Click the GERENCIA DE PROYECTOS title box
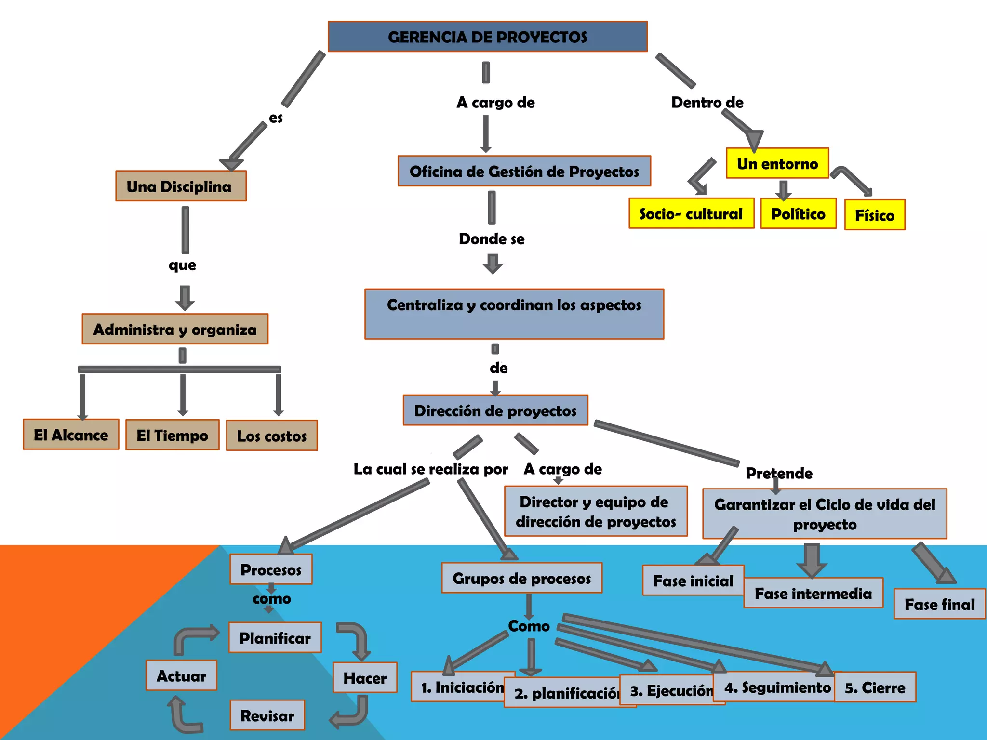pyautogui.click(x=487, y=37)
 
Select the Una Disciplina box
pyautogui.click(x=181, y=186)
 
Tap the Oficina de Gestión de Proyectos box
pyautogui.click(x=524, y=171)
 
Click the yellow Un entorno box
pyautogui.click(x=777, y=163)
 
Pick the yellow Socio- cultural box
pyautogui.click(x=691, y=213)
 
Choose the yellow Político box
pyautogui.click(x=798, y=213)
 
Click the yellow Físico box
pyautogui.click(x=874, y=215)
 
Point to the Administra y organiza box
pyautogui.click(x=175, y=329)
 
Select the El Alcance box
pyautogui.click(x=71, y=435)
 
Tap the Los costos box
pyautogui.click(x=272, y=436)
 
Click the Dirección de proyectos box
pyautogui.click(x=495, y=410)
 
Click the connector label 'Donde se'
pyautogui.click(x=492, y=239)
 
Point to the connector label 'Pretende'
pyautogui.click(x=779, y=473)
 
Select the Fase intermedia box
pyautogui.click(x=813, y=593)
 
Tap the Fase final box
pyautogui.click(x=939, y=604)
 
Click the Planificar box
pyautogui.click(x=275, y=638)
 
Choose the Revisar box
pyautogui.click(x=267, y=715)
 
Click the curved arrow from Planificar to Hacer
pyautogui.click(x=356, y=640)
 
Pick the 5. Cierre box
pyautogui.click(x=875, y=687)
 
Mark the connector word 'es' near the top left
pyautogui.click(x=276, y=118)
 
